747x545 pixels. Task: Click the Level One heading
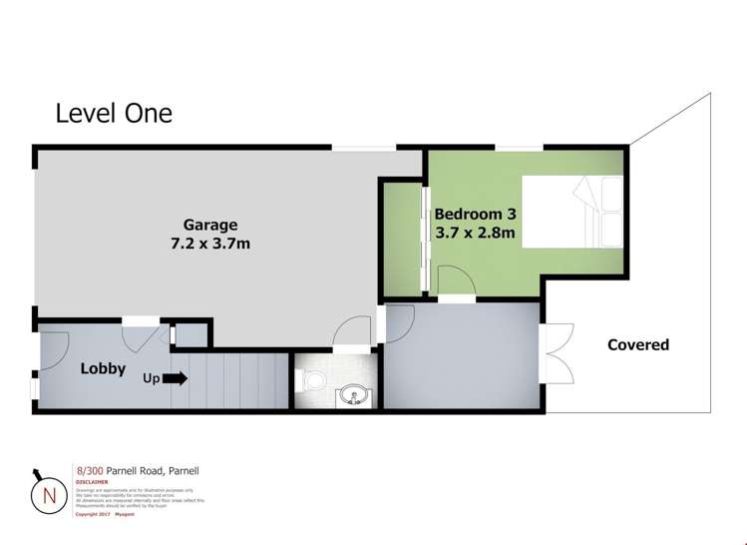[114, 113]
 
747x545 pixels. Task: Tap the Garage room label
[209, 224]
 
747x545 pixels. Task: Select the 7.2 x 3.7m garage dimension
[209, 244]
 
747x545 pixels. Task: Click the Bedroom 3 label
[474, 214]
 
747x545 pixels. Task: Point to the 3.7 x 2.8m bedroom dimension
[474, 235]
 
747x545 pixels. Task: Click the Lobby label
[103, 368]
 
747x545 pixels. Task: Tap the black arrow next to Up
[176, 378]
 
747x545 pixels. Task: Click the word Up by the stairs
[152, 378]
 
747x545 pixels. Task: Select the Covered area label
[638, 345]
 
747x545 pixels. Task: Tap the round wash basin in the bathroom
[351, 397]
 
